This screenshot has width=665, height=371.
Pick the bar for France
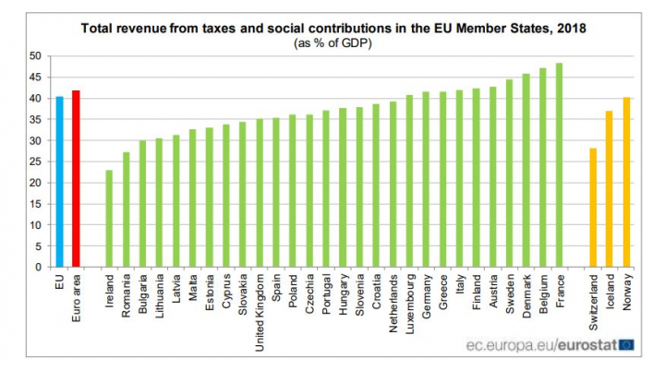559,165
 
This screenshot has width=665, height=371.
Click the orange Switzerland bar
593,208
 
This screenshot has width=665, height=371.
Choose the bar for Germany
426,179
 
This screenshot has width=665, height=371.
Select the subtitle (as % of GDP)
333,43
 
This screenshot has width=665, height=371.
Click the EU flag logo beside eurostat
627,345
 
